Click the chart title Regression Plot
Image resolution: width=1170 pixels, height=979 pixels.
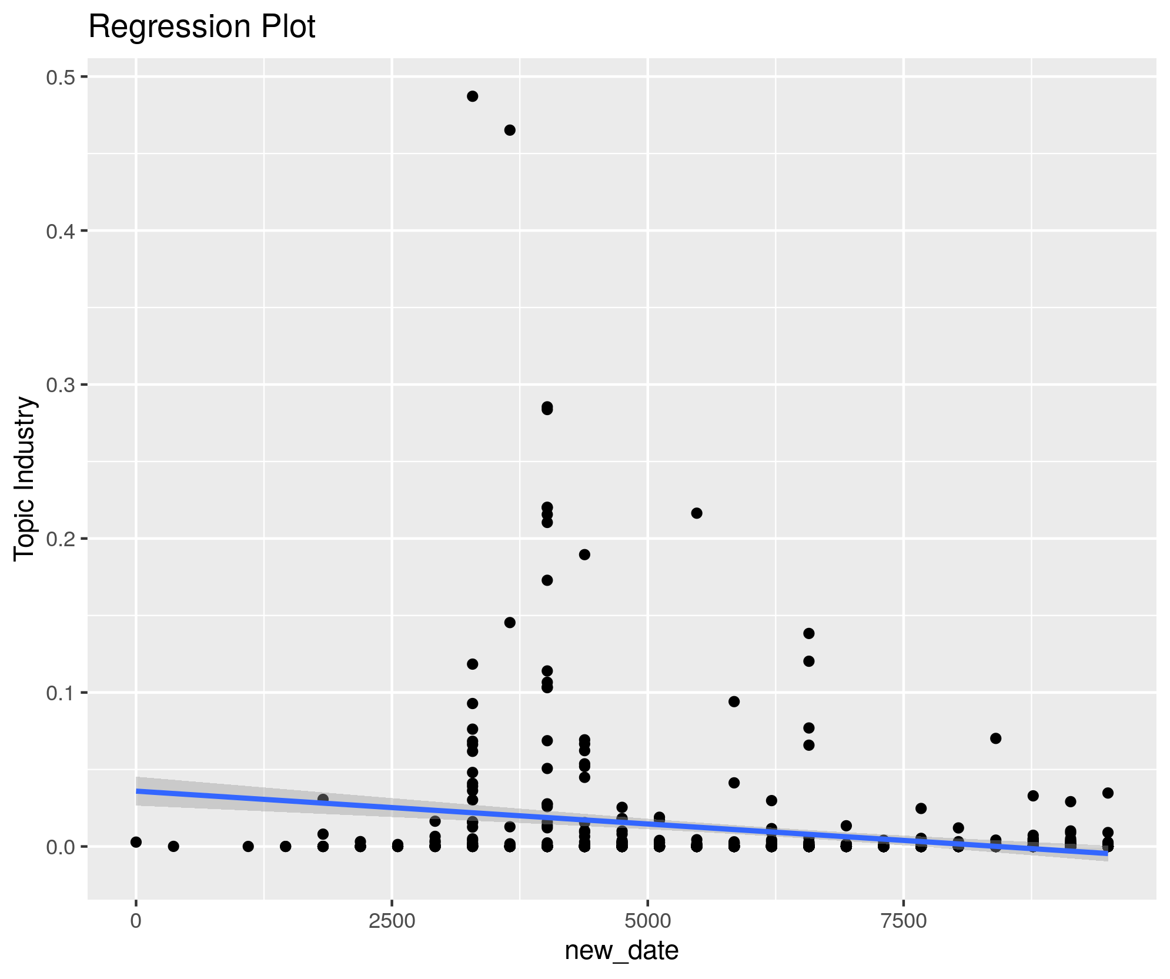pyautogui.click(x=202, y=27)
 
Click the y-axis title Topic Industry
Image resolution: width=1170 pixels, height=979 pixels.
pyautogui.click(x=25, y=479)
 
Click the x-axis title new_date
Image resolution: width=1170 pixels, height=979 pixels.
pyautogui.click(x=621, y=950)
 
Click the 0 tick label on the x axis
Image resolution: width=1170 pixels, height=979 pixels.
pyautogui.click(x=136, y=921)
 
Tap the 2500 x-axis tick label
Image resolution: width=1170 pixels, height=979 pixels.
pyautogui.click(x=392, y=921)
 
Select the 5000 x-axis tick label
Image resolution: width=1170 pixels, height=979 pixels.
pyautogui.click(x=647, y=921)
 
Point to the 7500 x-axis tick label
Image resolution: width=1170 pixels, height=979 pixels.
pyautogui.click(x=903, y=921)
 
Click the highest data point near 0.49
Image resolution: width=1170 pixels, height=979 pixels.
pyautogui.click(x=472, y=96)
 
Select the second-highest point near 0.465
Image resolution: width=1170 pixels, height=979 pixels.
pyautogui.click(x=510, y=130)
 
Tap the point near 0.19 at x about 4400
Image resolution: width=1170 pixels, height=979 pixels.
pyautogui.click(x=584, y=554)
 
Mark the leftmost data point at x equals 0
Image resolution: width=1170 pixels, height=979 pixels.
pyautogui.click(x=136, y=842)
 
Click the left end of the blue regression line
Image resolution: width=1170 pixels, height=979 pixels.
pyautogui.click(x=137, y=791)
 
